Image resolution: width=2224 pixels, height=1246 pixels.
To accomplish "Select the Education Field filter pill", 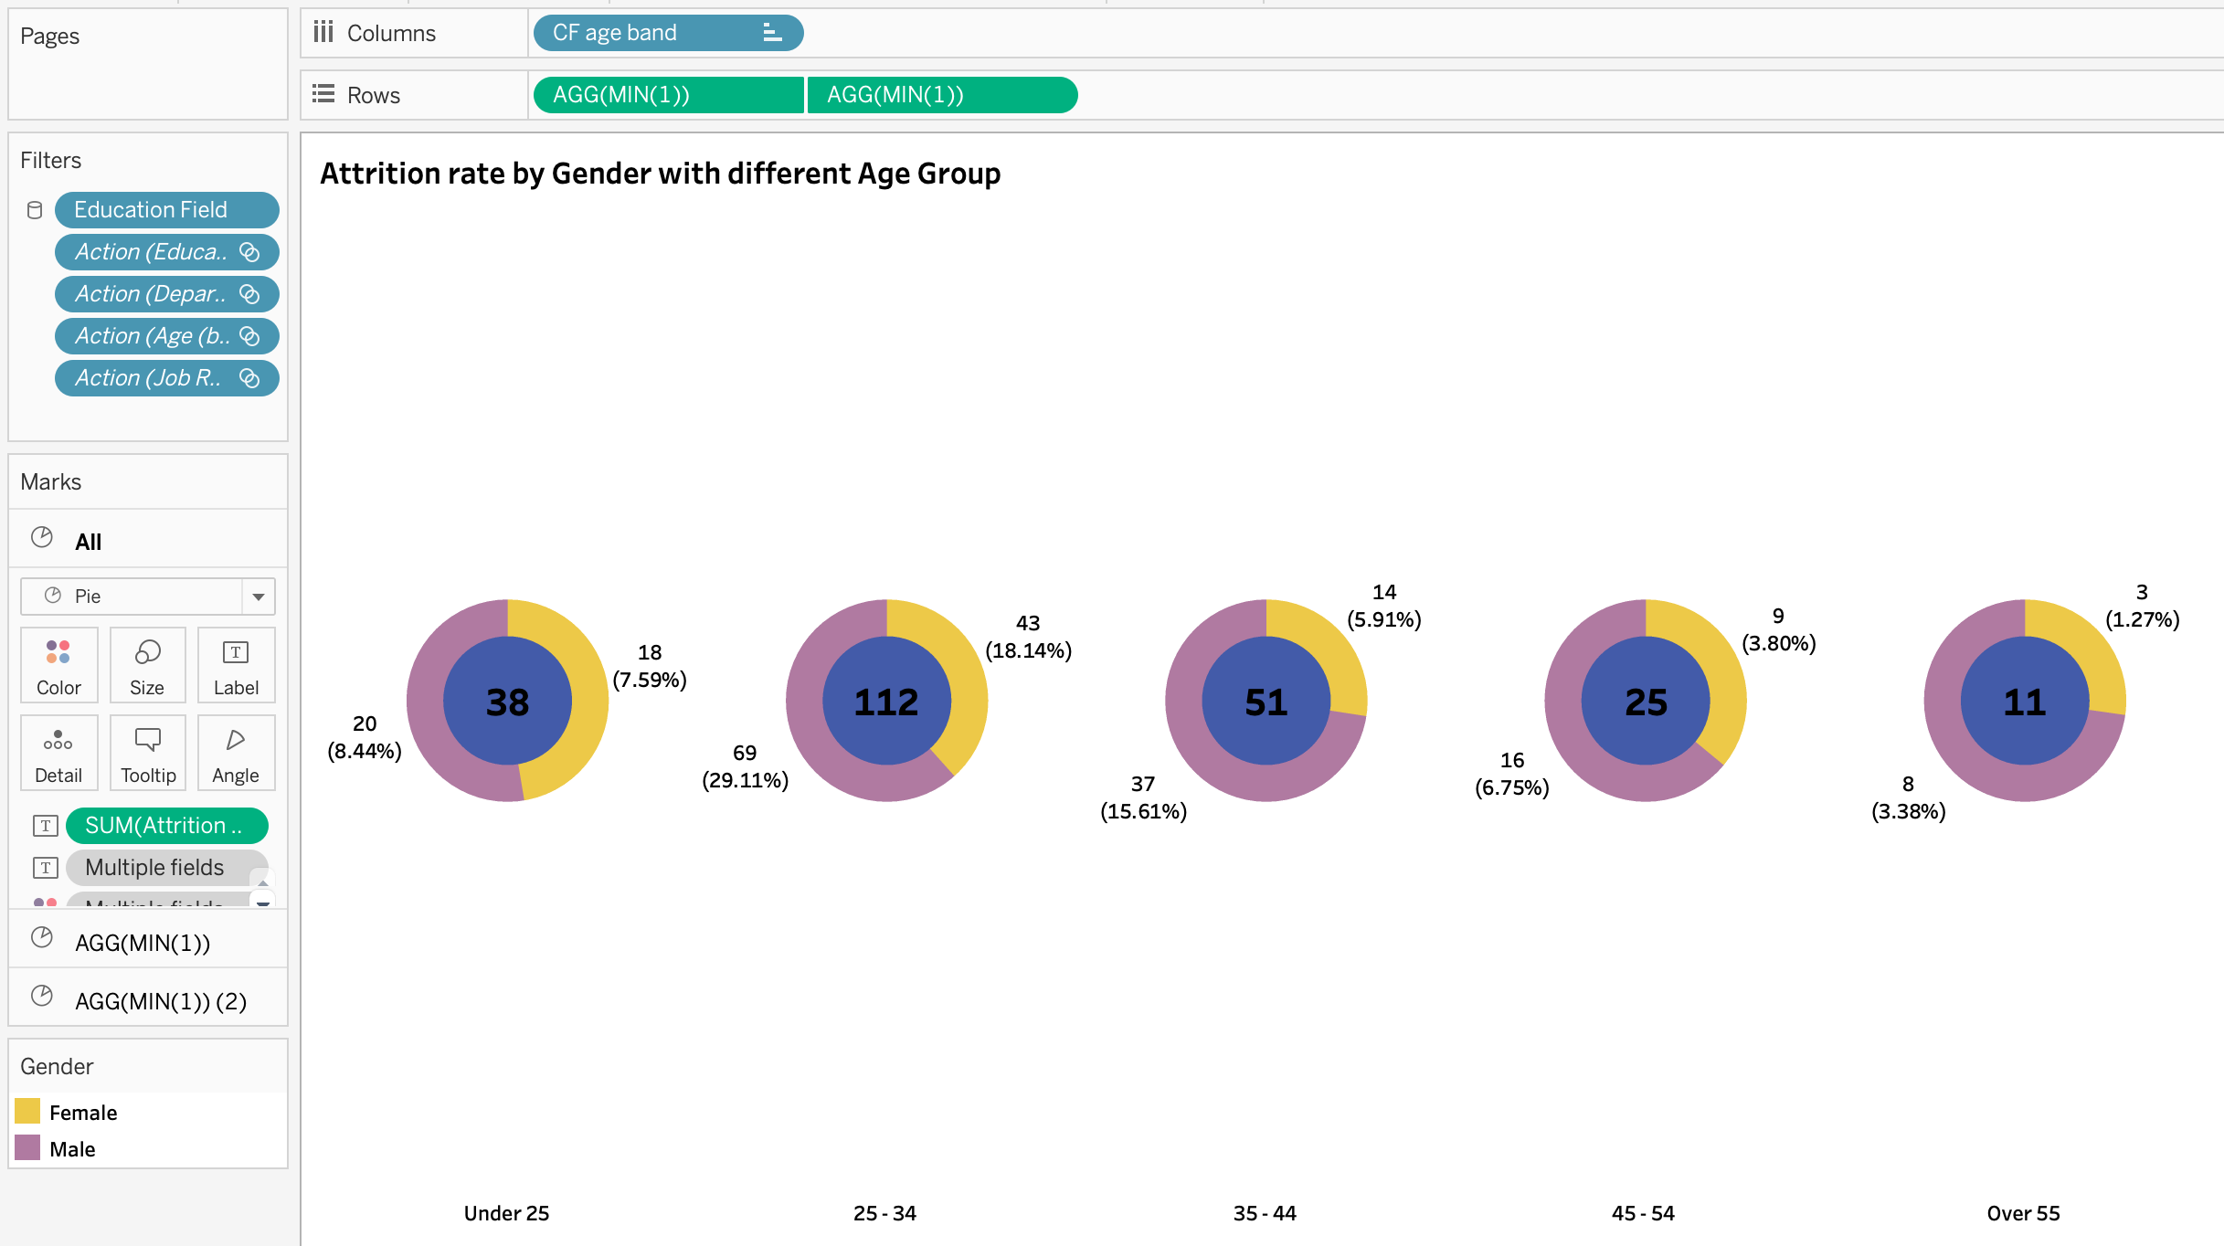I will click(x=166, y=210).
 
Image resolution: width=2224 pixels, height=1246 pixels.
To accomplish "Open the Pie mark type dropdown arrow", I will click(x=259, y=597).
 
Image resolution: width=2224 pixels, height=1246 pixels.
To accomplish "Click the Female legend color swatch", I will click(x=27, y=1112).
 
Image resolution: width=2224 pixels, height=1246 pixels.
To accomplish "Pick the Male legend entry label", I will click(x=72, y=1149).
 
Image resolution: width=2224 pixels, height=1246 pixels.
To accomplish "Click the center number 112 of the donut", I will click(x=886, y=702).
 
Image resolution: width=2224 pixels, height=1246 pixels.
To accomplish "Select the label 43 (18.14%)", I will click(x=1028, y=637).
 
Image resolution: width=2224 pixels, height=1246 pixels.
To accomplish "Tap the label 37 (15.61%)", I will click(x=1143, y=797).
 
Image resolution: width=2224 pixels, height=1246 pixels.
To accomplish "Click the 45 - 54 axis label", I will click(x=1643, y=1213).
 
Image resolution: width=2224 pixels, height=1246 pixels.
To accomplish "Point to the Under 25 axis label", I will click(x=506, y=1213).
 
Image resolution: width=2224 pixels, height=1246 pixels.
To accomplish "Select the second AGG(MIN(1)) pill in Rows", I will click(x=941, y=95).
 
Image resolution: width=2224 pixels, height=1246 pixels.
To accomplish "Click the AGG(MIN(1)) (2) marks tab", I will click(x=161, y=1001).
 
